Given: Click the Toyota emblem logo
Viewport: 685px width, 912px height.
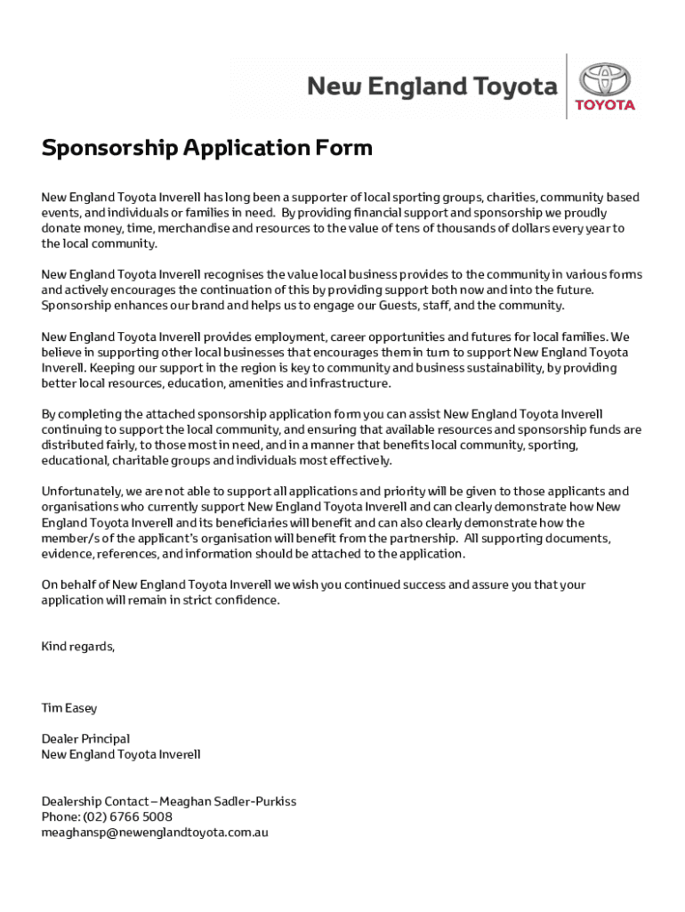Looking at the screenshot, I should [x=605, y=79].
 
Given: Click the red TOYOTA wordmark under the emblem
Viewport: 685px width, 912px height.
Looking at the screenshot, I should [x=605, y=105].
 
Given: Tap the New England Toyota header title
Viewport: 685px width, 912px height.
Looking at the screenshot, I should [x=432, y=86].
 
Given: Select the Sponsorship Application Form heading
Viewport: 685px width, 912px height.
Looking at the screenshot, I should [x=206, y=148].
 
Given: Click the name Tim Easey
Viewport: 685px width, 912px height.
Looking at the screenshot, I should [x=69, y=708].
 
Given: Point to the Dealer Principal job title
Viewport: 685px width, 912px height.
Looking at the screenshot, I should [x=85, y=738].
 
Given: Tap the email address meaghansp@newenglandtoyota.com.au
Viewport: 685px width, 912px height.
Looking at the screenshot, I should [x=155, y=833].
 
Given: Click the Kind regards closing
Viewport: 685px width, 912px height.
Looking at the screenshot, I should [x=78, y=646].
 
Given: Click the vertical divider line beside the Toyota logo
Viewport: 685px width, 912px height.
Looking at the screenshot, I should [x=567, y=86].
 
